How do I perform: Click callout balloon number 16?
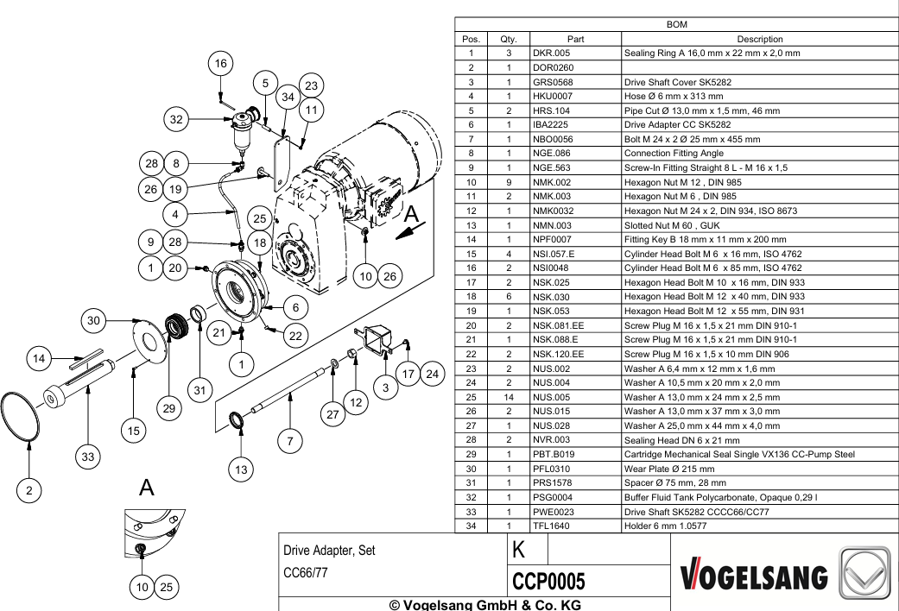click(x=221, y=64)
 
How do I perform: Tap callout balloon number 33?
click(x=88, y=457)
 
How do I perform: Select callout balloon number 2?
click(x=29, y=490)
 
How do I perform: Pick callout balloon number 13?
click(x=241, y=470)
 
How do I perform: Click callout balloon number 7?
click(x=290, y=441)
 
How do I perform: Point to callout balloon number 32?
click(x=176, y=119)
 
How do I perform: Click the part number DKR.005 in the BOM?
click(x=551, y=54)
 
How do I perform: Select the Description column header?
click(x=760, y=39)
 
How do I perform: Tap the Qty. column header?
click(x=508, y=39)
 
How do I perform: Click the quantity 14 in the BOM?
click(x=508, y=397)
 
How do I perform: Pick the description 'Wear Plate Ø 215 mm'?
click(x=669, y=469)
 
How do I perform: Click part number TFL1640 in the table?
click(x=551, y=526)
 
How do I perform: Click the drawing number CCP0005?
click(x=548, y=581)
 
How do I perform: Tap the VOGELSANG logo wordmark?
click(x=754, y=576)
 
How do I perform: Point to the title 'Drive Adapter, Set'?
click(x=329, y=551)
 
